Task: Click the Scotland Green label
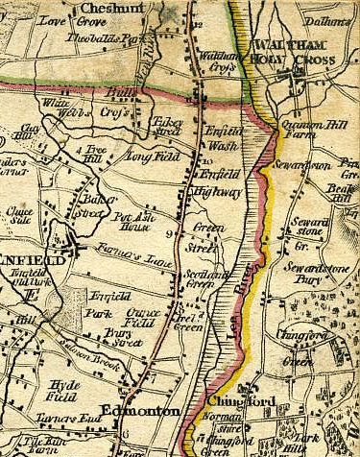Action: tap(192, 274)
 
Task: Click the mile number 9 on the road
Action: tap(168, 233)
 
